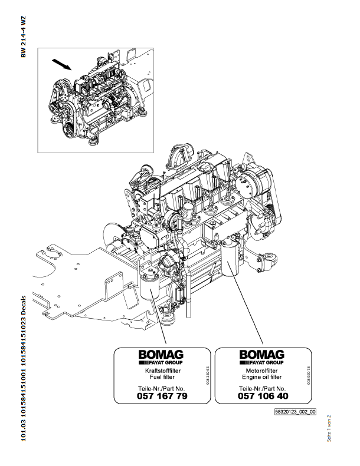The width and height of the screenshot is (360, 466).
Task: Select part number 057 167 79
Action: (x=162, y=396)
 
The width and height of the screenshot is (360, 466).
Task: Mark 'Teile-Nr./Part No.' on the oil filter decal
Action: (x=263, y=388)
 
